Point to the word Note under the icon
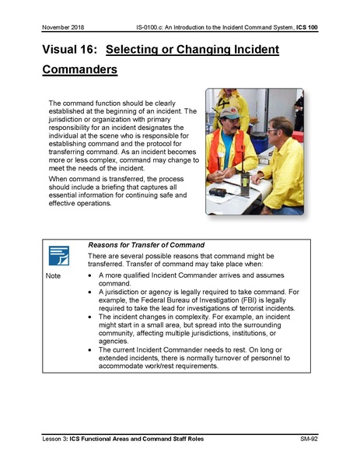(x=54, y=277)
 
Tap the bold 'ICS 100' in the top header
(x=306, y=27)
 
